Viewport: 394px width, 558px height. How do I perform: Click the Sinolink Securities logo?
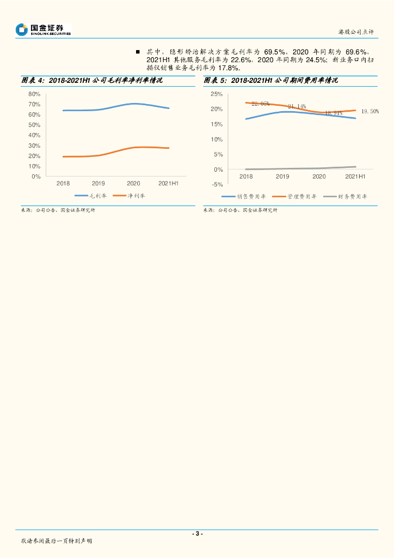click(x=44, y=29)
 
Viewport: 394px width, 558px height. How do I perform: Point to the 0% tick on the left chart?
click(x=36, y=177)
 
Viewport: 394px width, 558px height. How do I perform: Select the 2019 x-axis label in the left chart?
click(x=98, y=184)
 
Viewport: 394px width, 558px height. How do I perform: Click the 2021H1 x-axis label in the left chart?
click(x=169, y=184)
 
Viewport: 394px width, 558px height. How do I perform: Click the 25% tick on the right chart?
click(x=217, y=94)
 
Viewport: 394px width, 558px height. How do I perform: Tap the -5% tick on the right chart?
click(x=217, y=185)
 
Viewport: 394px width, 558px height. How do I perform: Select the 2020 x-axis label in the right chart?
click(x=319, y=177)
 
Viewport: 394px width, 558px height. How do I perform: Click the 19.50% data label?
click(x=370, y=111)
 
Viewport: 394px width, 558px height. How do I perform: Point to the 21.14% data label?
click(x=297, y=106)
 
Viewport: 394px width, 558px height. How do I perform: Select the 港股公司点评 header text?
click(x=356, y=32)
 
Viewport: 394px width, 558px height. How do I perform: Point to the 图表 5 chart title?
click(x=271, y=81)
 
